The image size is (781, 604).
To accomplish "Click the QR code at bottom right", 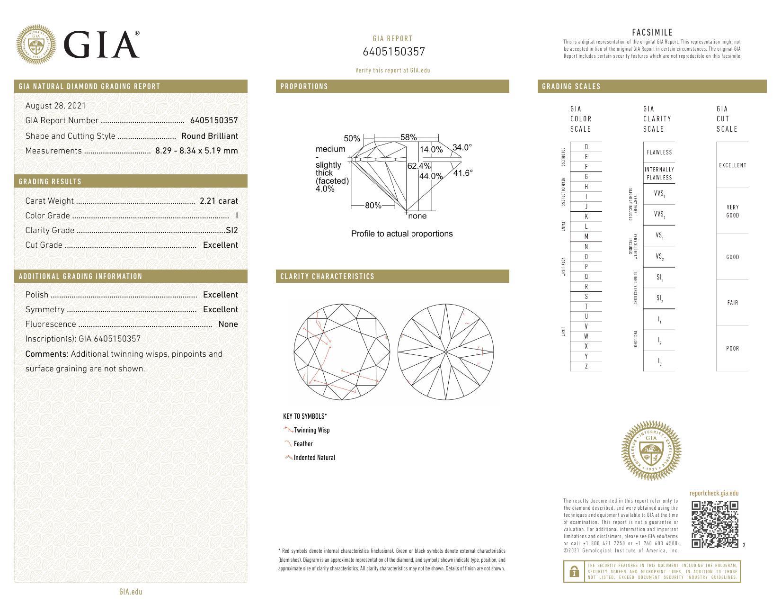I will [x=715, y=524].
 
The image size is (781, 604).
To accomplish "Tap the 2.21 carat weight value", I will [x=219, y=201].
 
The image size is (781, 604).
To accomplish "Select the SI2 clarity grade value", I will [x=232, y=230].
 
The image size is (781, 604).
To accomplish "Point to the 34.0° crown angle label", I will [x=462, y=148].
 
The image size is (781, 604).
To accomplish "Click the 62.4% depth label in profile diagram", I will [x=419, y=166].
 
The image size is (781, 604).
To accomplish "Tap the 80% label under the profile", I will [x=373, y=206].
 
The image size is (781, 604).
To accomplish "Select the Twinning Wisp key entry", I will [x=311, y=430].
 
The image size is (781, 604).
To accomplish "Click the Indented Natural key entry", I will [x=314, y=458].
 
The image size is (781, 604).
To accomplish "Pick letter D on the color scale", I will [x=586, y=147].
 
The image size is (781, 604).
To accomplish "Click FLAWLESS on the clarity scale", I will [x=659, y=153].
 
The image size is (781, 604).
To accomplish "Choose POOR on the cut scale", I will [x=732, y=349].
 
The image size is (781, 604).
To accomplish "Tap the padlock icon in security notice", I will [x=574, y=572].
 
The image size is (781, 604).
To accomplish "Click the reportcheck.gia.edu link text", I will [x=714, y=494].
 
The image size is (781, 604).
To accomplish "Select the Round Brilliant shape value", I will [x=209, y=136].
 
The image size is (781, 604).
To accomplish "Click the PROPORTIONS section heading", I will [x=304, y=87].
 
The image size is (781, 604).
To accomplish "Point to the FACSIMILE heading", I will [x=652, y=33].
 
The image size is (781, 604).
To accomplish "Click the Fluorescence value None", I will [x=228, y=325].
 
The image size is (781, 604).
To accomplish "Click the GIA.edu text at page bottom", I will [x=131, y=592].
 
